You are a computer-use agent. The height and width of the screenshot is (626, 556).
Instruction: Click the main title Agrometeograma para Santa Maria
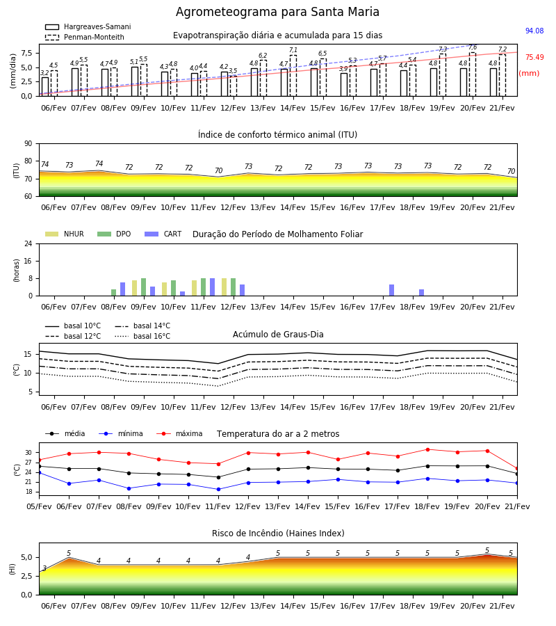277,12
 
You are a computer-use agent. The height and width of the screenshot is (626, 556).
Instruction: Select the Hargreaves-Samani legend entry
88,26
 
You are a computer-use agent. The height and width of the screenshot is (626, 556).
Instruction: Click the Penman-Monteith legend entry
85,37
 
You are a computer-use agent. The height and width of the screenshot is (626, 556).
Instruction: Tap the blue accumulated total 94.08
534,31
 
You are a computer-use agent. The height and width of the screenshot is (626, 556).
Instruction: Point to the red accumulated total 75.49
534,57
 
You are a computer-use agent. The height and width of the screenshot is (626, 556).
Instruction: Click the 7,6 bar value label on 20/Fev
473,47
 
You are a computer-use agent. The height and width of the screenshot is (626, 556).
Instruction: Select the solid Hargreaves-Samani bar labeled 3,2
45,87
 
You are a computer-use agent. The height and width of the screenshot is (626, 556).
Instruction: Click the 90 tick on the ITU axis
28,144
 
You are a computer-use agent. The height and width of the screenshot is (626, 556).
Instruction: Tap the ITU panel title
277,134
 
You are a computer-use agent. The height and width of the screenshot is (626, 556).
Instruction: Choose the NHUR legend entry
65,234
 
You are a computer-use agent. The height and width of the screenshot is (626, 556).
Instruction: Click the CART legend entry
163,234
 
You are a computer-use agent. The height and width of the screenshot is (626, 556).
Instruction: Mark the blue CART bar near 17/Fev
392,290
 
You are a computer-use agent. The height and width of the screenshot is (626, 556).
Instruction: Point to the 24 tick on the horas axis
28,243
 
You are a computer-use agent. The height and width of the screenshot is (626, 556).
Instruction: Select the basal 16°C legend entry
142,336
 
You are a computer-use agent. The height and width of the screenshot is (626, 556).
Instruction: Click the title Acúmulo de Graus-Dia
278,334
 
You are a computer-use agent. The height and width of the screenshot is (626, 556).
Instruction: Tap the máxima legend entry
179,433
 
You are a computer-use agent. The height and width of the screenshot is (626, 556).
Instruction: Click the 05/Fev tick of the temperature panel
39,506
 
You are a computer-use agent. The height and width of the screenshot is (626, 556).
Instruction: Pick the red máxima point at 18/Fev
427,449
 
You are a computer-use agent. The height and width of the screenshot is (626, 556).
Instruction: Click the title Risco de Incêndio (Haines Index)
278,533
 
